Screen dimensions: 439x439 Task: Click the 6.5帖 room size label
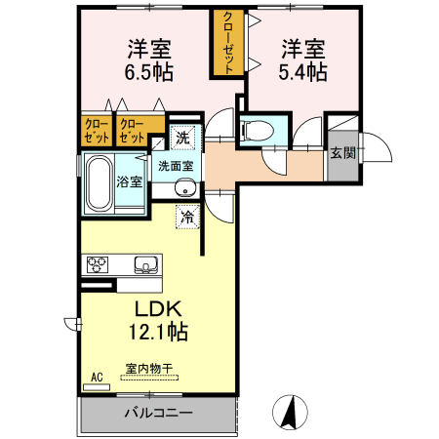pyautogui.click(x=148, y=72)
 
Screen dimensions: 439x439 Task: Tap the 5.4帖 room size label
pyautogui.click(x=304, y=72)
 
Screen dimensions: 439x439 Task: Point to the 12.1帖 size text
pyautogui.click(x=155, y=332)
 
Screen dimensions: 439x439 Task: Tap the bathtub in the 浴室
pyautogui.click(x=98, y=182)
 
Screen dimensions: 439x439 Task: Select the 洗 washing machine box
pyautogui.click(x=183, y=138)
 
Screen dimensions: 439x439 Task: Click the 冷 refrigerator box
pyautogui.click(x=186, y=217)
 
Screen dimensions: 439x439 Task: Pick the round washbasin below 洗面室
pyautogui.click(x=185, y=189)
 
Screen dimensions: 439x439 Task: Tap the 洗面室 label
pyautogui.click(x=176, y=166)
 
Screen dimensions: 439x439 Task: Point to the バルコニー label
pyautogui.click(x=158, y=413)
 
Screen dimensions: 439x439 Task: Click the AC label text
pyautogui.click(x=97, y=376)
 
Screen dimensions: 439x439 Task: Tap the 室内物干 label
pyautogui.click(x=148, y=370)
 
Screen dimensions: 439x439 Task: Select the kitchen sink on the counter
pyautogui.click(x=144, y=263)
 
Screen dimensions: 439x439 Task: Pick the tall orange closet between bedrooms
pyautogui.click(x=228, y=44)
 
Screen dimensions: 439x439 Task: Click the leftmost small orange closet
pyautogui.click(x=96, y=131)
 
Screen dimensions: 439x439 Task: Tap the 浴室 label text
pyautogui.click(x=130, y=181)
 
